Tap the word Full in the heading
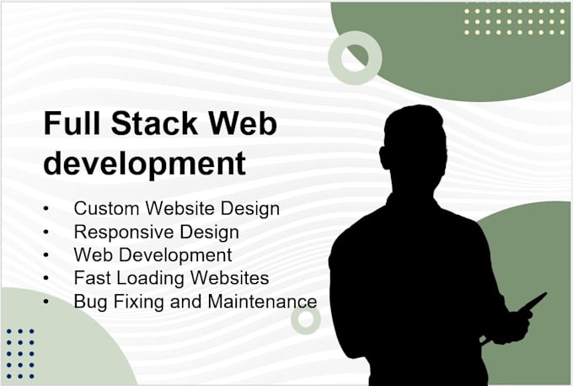pyautogui.click(x=71, y=124)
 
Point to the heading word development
pyautogui.click(x=144, y=163)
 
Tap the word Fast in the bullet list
pyautogui.click(x=90, y=277)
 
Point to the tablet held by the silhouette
pyautogui.click(x=533, y=303)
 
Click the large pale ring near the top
pyautogui.click(x=355, y=57)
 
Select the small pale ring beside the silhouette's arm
pyautogui.click(x=306, y=319)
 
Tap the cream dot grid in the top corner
pyautogui.click(x=514, y=19)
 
